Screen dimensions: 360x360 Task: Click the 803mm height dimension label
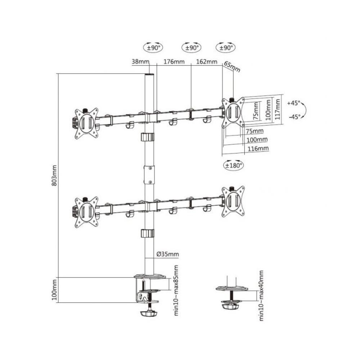click(54, 175)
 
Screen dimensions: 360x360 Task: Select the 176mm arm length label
click(174, 62)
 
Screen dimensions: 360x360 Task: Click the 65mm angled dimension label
click(232, 67)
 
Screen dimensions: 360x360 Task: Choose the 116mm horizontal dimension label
click(257, 148)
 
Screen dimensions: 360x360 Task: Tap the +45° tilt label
click(294, 103)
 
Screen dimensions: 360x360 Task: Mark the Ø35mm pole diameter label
click(167, 254)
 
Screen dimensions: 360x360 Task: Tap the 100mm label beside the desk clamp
click(54, 289)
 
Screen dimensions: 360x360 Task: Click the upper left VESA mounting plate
click(86, 122)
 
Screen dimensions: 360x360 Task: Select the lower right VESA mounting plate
click(233, 201)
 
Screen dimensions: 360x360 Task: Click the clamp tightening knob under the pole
click(148, 313)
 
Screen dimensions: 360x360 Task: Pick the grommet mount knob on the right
click(230, 306)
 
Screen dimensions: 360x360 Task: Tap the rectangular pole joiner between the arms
click(149, 175)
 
